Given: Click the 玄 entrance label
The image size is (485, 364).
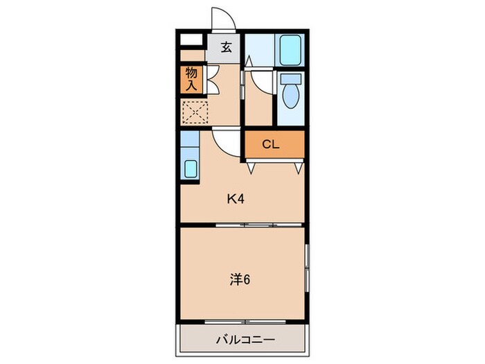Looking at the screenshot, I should [x=226, y=48].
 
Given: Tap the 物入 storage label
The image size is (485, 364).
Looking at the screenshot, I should [x=191, y=79].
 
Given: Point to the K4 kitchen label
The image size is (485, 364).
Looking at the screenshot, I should [x=236, y=199].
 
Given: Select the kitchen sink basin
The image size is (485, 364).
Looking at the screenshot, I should [x=189, y=168].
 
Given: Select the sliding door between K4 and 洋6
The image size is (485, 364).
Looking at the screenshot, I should [x=245, y=225].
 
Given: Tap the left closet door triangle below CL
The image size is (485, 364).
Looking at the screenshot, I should [x=251, y=166].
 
